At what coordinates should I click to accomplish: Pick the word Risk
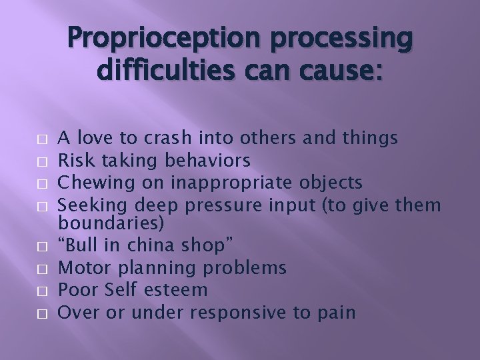pyautogui.click(x=74, y=160)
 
